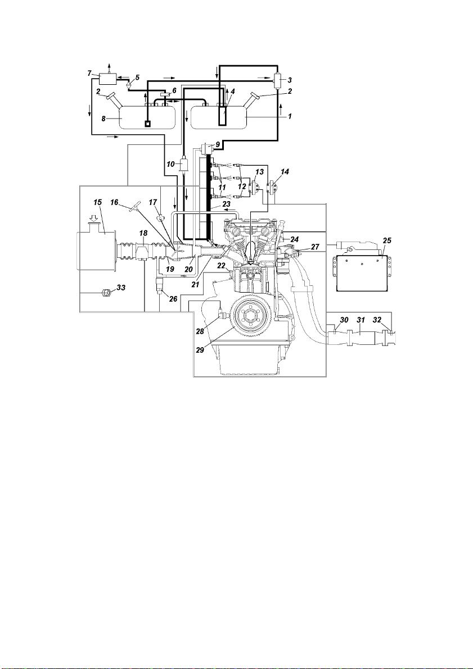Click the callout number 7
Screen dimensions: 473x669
click(90, 74)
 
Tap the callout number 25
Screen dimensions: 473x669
click(387, 240)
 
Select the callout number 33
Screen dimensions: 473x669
click(121, 288)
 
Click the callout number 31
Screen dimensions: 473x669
click(361, 320)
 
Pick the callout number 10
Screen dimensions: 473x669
click(171, 163)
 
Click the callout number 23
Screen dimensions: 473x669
click(226, 204)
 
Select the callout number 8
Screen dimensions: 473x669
click(103, 119)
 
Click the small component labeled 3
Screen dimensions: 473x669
click(277, 80)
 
